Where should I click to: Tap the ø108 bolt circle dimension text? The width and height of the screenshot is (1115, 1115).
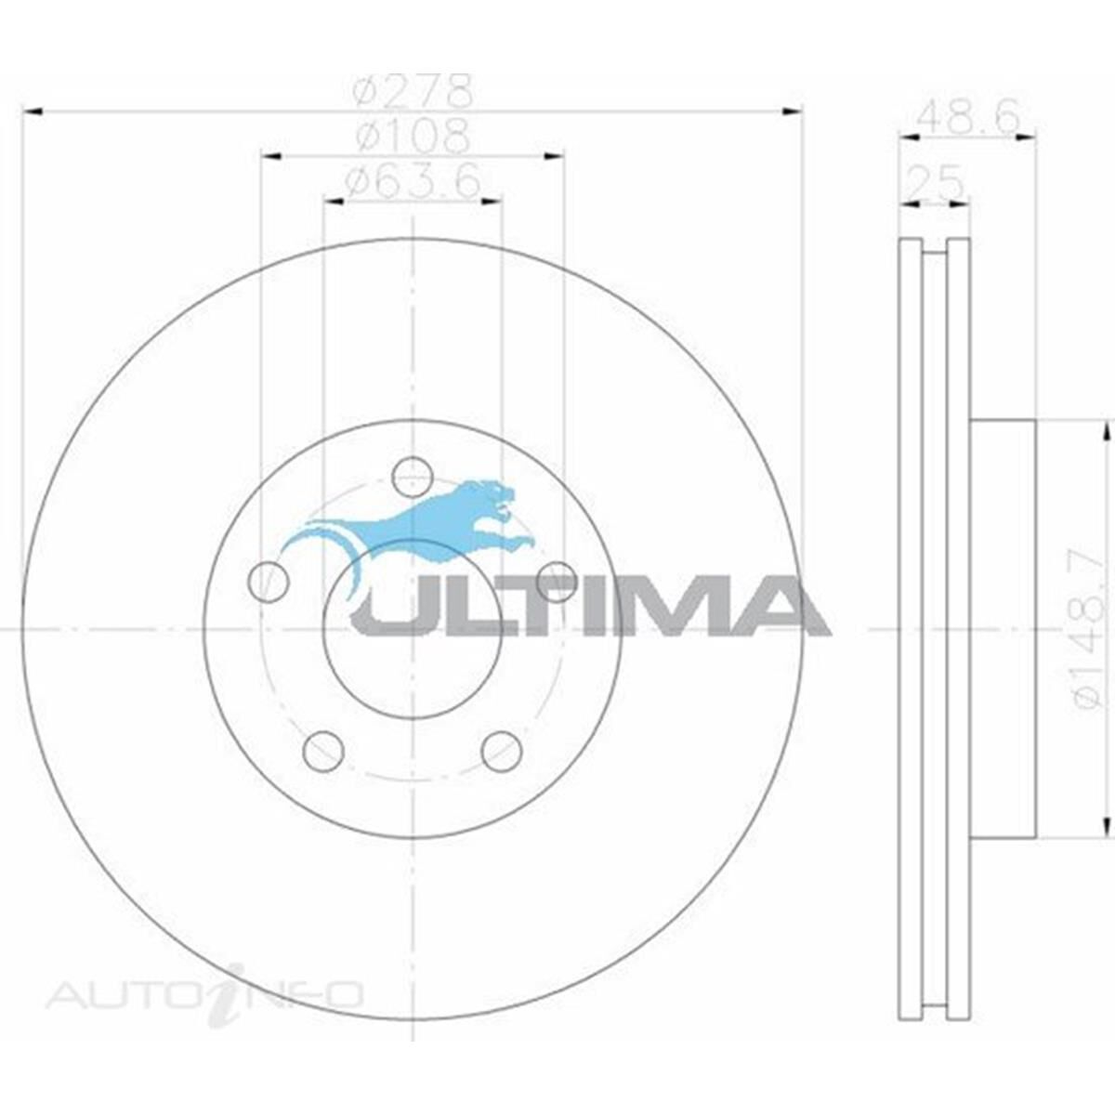click(413, 137)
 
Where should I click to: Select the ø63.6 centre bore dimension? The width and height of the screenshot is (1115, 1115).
click(413, 180)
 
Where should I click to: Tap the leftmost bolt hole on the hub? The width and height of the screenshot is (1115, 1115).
click(269, 582)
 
